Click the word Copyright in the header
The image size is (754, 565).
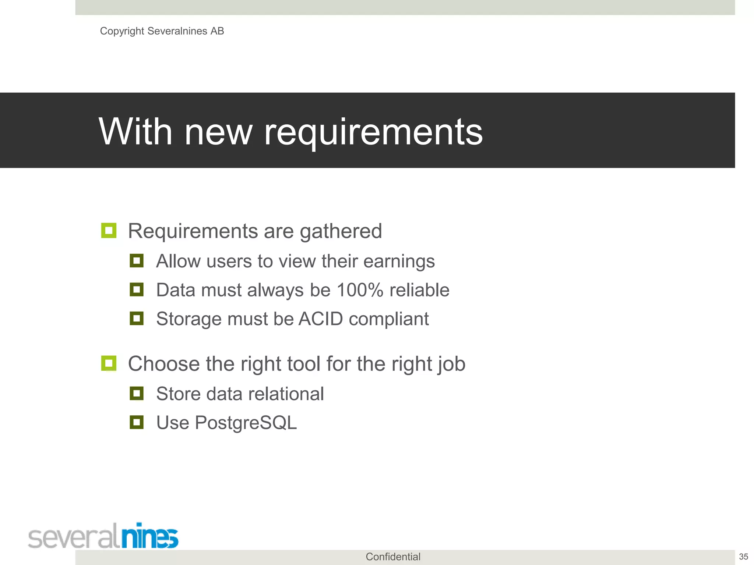122,31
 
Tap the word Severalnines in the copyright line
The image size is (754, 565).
177,31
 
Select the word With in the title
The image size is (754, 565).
135,132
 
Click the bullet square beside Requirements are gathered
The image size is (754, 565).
109,231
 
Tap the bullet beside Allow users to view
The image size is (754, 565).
137,261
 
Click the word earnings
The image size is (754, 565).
399,262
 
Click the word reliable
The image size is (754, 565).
419,290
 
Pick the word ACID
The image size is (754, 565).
321,319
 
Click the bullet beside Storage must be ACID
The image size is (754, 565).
137,318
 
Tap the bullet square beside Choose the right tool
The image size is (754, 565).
109,363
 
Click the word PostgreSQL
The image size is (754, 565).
246,423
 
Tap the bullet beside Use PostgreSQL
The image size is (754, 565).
137,422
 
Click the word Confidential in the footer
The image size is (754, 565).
393,557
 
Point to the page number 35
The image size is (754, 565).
743,557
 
